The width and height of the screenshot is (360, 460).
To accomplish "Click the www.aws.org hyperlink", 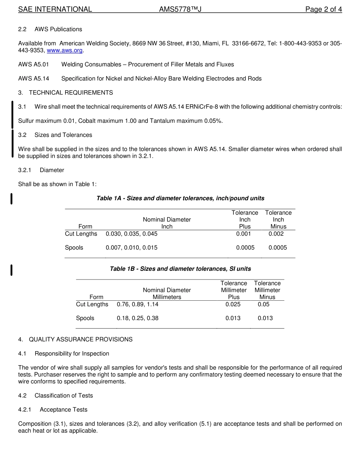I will pos(64,50).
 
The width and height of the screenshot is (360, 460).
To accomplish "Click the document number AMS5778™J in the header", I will pos(180,9).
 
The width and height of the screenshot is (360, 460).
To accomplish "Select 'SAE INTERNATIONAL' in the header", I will pos(55,9).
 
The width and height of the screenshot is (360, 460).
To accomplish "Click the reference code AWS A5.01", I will pos(33,64).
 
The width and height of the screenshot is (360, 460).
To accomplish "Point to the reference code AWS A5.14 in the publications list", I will pos(33,78).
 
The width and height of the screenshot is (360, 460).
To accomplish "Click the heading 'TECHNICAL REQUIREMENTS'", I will pos(71,93).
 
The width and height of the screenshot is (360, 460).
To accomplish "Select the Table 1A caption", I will pos(180,198).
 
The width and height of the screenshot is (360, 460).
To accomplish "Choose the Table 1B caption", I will pos(180,269).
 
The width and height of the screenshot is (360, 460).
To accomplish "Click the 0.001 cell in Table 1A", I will pos(243,234).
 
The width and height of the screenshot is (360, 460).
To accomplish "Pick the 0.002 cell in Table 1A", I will pos(276,234).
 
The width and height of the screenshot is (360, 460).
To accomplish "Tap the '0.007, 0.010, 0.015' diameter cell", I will pos(131,248).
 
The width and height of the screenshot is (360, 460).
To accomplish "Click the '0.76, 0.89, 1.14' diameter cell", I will pos(138,305).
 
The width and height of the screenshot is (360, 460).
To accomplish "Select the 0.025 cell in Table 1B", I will pos(233,305).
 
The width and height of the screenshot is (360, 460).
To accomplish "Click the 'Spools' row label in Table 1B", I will pos(85,318).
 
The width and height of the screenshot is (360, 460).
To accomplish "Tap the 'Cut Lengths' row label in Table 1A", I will pos(81,234).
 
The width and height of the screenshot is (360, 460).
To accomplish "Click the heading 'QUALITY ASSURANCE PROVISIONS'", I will pos(81,339).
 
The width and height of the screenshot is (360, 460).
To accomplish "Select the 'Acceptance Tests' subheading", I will pos(63,410).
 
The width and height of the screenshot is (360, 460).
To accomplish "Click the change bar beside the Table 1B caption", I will pos(11,270).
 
